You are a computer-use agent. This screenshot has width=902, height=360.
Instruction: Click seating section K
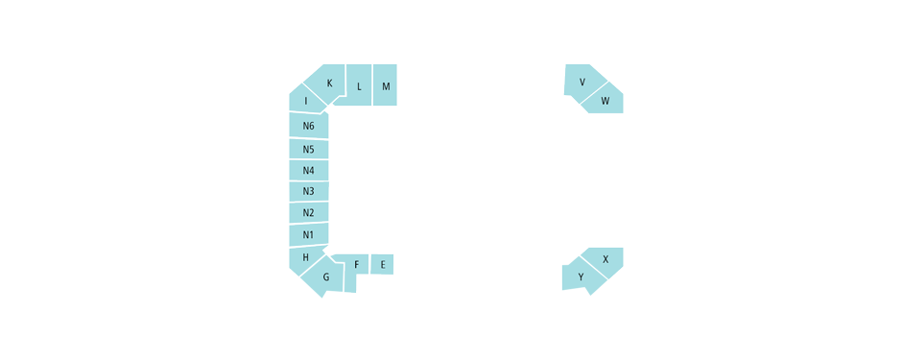329,83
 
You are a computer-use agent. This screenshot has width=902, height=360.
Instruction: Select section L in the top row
359,85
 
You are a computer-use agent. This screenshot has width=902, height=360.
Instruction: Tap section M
385,85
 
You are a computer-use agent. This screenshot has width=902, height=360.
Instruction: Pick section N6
309,126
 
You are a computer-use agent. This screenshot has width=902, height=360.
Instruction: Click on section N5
309,149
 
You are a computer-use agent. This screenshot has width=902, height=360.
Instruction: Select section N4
309,171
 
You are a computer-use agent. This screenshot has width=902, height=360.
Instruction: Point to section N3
309,192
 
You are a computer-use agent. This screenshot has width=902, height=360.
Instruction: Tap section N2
309,213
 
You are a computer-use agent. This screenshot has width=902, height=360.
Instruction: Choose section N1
309,235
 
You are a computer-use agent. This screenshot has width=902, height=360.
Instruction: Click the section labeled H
306,257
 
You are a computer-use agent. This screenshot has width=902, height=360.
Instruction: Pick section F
357,264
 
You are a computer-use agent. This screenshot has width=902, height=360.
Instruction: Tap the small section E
382,264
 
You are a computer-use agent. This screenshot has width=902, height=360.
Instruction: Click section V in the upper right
582,82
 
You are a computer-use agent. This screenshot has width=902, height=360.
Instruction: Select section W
605,100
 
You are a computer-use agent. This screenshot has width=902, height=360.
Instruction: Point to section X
605,259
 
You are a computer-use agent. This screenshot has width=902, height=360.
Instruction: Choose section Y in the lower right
581,277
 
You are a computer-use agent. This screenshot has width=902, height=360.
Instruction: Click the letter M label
386,86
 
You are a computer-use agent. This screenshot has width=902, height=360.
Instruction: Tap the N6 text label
308,126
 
